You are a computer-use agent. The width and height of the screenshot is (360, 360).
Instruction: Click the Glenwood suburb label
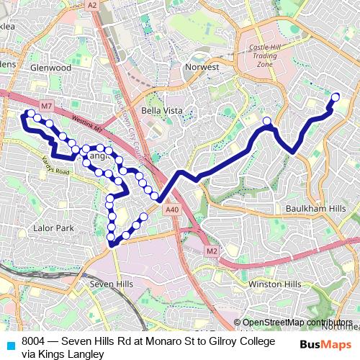(50, 68)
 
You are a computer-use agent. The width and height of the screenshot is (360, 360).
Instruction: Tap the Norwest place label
(202, 67)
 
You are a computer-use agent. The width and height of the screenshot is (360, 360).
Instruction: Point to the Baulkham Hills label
(322, 208)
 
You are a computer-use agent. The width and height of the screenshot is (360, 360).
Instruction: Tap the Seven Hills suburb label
(111, 284)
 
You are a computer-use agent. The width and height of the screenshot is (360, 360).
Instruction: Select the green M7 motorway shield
(46, 107)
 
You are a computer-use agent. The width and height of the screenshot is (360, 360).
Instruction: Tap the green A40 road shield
(171, 210)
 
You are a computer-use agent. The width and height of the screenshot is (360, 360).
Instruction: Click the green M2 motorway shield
(212, 251)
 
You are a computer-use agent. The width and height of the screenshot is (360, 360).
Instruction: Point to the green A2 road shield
(92, 4)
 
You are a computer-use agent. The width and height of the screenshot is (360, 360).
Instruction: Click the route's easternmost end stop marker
(336, 97)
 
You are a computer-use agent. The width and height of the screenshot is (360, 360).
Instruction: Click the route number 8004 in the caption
(34, 341)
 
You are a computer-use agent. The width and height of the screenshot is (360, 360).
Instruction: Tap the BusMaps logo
(325, 345)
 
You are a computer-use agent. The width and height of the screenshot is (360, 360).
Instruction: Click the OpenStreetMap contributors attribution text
(297, 323)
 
